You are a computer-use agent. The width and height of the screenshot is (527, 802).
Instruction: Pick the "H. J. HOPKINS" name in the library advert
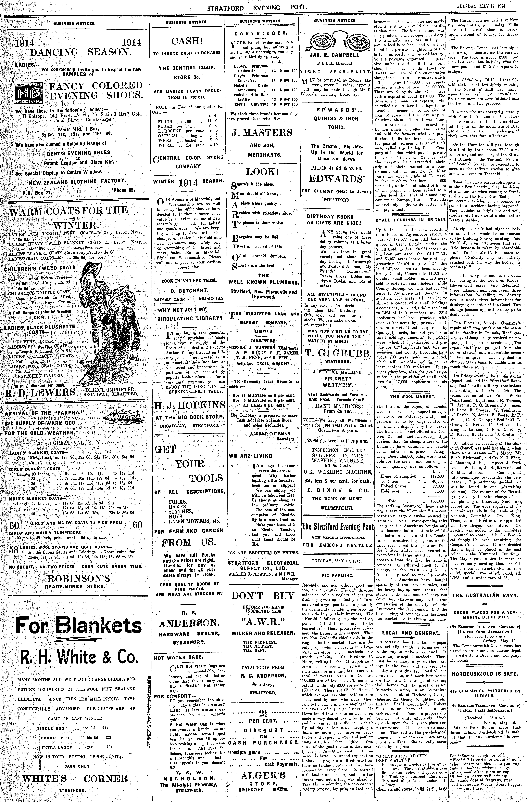pyautogui.click(x=189, y=405)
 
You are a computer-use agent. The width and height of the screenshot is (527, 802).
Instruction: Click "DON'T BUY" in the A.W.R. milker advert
pyautogui.click(x=263, y=595)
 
